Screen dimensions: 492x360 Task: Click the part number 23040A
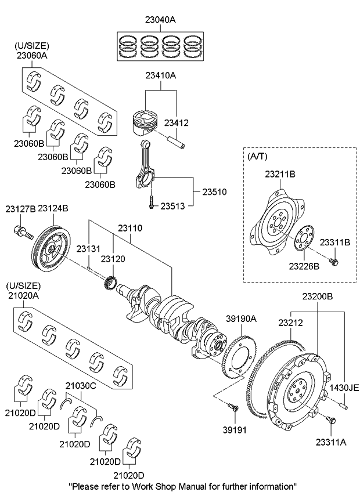160,19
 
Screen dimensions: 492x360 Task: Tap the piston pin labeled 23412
175,140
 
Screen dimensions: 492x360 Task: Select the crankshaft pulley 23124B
51,248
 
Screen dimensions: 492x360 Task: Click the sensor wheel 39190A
239,354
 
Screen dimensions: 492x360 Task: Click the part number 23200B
317,296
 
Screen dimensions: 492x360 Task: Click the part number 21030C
80,385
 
